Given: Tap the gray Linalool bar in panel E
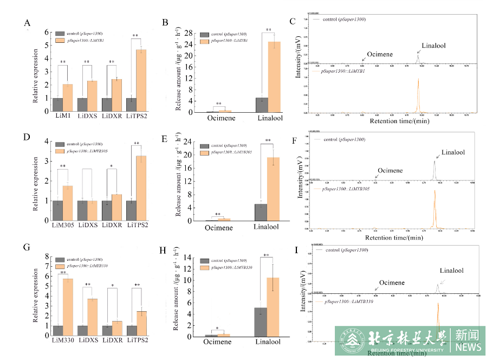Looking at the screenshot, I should [261, 212].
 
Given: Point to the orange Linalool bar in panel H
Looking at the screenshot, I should [273, 307].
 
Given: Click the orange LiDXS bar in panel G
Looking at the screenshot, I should [92, 317].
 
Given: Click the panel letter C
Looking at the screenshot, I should [293, 22].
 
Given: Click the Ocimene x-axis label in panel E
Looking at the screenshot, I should [219, 228].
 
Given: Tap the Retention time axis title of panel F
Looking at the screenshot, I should [393, 237].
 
